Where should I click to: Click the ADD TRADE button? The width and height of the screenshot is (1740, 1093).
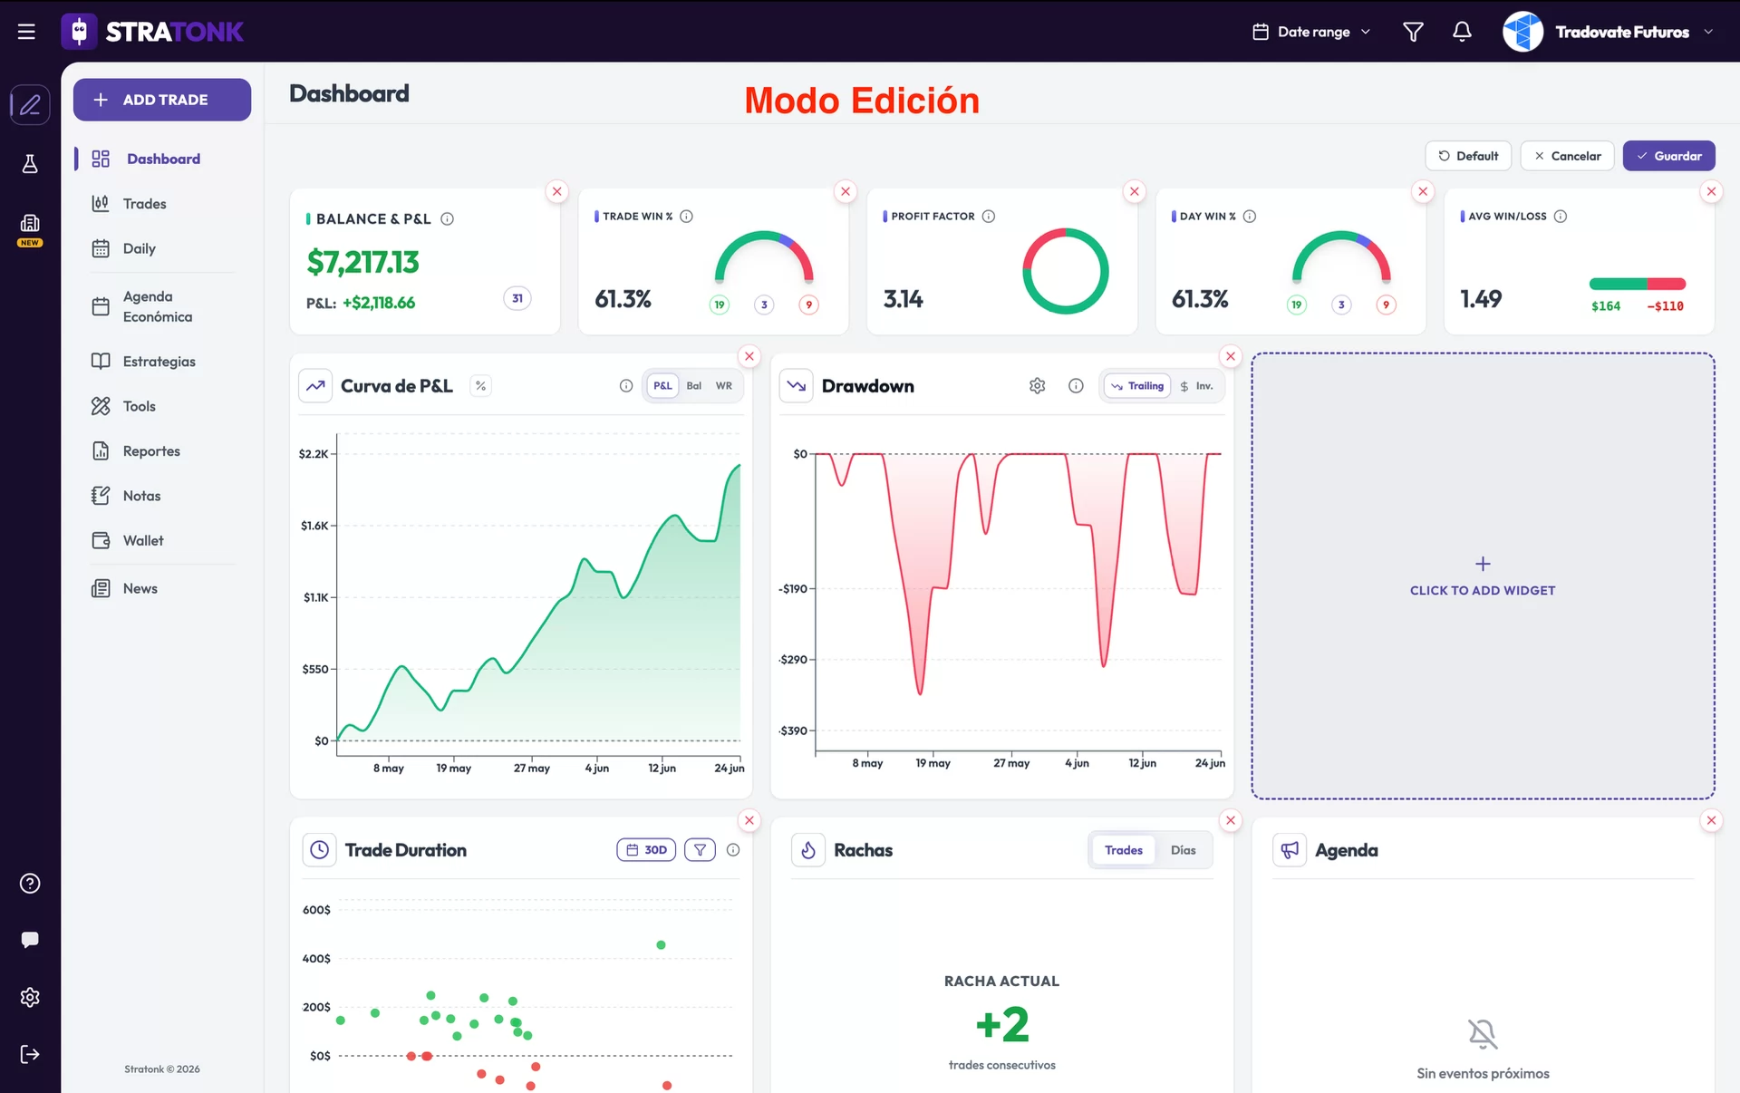tap(162, 100)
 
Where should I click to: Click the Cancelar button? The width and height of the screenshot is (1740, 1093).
tap(1567, 156)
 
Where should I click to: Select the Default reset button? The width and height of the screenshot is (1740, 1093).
tap(1468, 156)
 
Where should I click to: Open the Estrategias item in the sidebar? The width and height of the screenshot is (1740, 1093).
tap(159, 362)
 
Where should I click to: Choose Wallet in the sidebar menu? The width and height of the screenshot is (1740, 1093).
tap(143, 541)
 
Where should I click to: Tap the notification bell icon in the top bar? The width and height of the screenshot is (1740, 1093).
tap(1462, 32)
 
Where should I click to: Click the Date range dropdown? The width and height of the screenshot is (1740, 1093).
tap(1311, 32)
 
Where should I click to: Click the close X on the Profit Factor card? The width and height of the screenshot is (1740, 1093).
tap(1134, 191)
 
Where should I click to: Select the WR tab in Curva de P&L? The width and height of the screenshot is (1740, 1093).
tap(724, 386)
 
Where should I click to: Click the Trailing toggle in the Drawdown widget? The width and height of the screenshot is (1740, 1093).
tap(1137, 386)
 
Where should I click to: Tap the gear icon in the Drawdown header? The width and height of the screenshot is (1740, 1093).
tap(1038, 386)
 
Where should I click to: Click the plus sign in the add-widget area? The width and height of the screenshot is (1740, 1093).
tap(1483, 564)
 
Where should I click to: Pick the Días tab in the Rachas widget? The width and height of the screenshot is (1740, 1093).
tap(1183, 850)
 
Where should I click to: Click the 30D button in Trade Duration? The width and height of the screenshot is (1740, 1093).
tap(646, 850)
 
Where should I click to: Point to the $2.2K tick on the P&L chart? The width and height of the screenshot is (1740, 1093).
tap(314, 454)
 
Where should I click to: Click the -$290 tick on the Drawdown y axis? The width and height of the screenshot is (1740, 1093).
tap(793, 660)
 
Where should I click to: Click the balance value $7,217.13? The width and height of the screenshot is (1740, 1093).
tap(362, 263)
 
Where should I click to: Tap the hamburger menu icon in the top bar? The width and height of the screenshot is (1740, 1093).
tap(26, 32)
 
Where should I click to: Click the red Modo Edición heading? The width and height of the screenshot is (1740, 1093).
tap(862, 101)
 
